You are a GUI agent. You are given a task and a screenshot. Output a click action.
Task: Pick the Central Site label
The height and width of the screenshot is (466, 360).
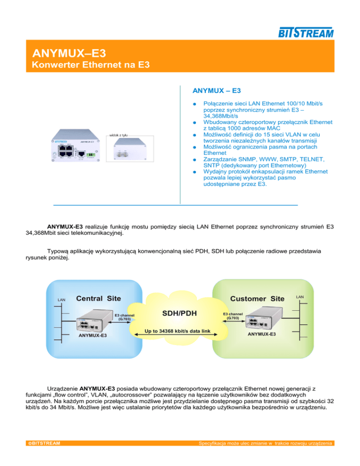(x=98, y=298)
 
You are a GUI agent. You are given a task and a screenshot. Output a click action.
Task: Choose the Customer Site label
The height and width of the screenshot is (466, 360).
(x=258, y=299)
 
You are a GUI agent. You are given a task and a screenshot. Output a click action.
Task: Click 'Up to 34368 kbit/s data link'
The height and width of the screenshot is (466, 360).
(x=180, y=331)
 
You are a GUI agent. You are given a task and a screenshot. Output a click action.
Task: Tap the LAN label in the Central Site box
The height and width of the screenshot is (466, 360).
(x=61, y=300)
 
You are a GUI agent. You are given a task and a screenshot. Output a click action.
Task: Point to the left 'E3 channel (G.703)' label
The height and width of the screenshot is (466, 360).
(x=124, y=316)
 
